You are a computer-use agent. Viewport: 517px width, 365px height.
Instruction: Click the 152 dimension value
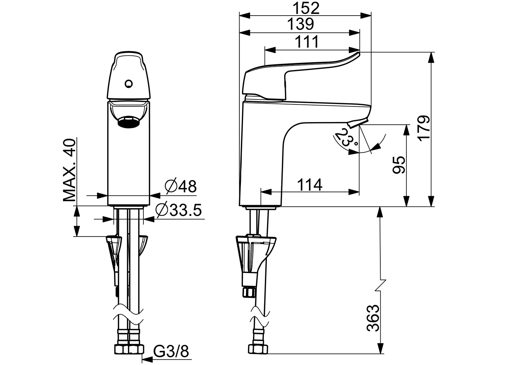coord(305,8)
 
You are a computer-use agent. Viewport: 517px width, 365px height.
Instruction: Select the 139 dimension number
coord(300,24)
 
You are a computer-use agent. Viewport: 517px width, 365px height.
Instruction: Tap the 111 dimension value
coord(307,42)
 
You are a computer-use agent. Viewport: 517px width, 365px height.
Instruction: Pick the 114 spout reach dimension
coord(310,185)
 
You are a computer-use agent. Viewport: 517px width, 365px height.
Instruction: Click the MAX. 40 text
coord(70,170)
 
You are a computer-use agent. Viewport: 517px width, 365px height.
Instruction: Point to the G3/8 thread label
coord(171,352)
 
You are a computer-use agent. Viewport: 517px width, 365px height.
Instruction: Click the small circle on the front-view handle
coord(129,83)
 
